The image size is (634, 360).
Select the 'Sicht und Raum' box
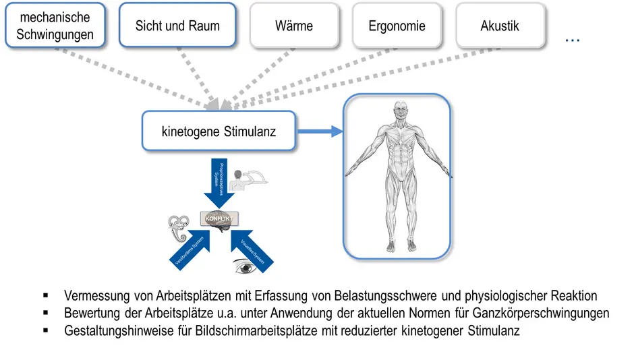(177, 25)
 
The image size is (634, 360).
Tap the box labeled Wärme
(294, 26)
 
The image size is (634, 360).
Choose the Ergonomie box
(397, 26)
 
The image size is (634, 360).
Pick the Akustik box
(500, 26)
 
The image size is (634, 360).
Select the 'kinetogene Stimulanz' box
(219, 131)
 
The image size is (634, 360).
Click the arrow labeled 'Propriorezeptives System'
(219, 181)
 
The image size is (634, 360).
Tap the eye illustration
(245, 267)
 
